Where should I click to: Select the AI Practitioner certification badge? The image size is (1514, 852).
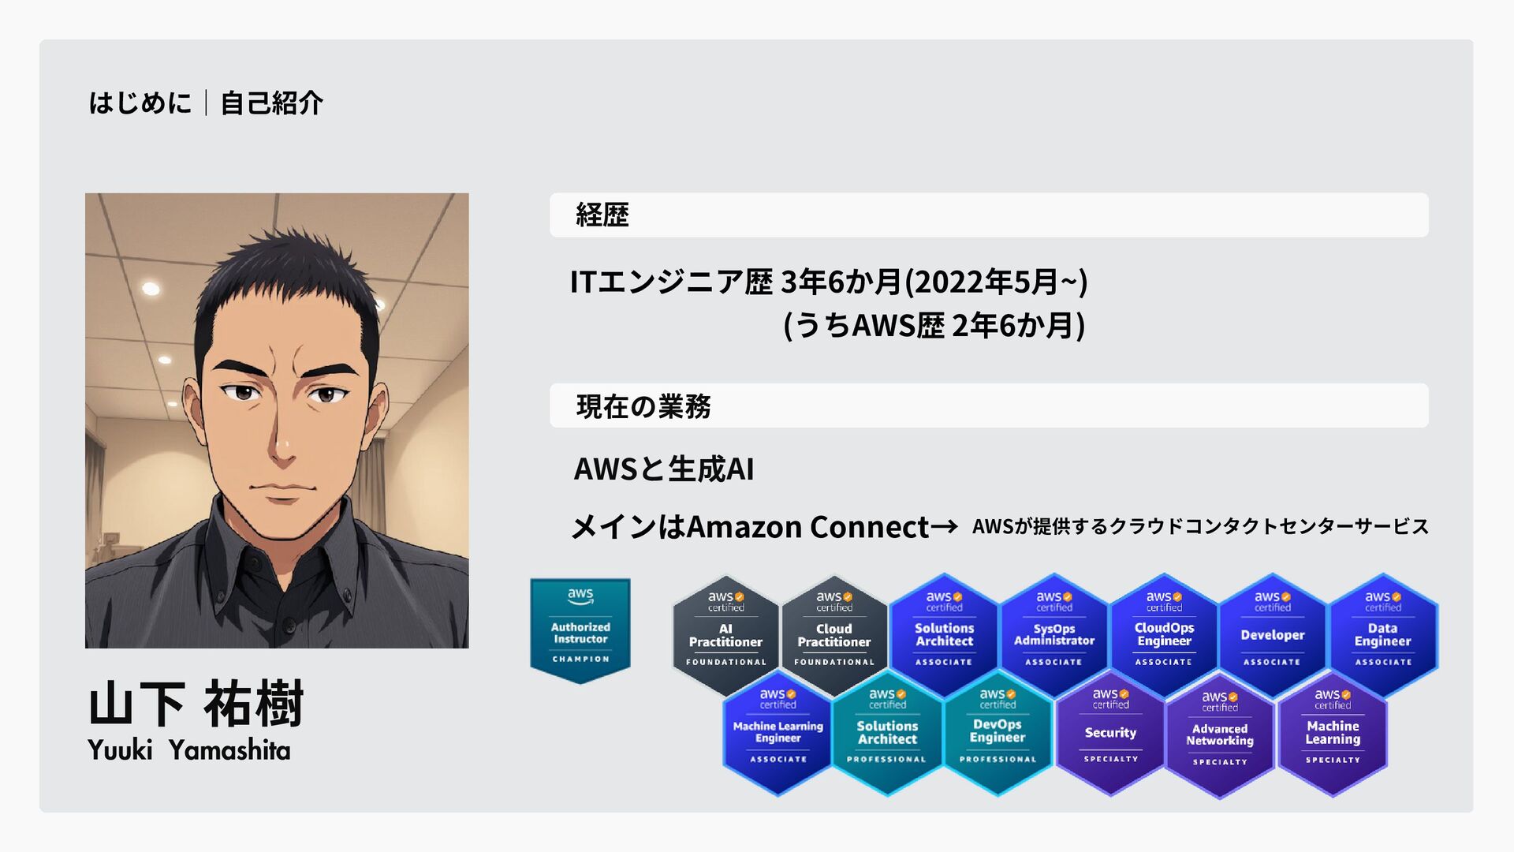click(725, 634)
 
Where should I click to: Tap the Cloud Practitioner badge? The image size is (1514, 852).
click(834, 634)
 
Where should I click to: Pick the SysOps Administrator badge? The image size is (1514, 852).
click(1054, 634)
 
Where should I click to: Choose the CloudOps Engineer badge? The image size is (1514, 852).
click(1164, 634)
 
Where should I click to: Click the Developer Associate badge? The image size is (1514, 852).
click(1273, 634)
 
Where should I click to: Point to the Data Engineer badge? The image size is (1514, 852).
click(1383, 634)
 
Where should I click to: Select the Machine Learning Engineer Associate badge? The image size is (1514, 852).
click(778, 732)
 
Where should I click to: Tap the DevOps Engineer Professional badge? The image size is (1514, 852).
click(998, 732)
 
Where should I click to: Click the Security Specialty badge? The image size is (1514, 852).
click(1110, 733)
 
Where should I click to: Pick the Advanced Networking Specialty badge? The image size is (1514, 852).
click(1220, 735)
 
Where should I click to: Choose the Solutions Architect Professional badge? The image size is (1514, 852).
click(887, 732)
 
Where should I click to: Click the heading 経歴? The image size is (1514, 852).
click(602, 215)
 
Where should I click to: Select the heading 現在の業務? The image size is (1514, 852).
click(643, 406)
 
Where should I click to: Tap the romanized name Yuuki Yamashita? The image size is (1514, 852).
click(189, 750)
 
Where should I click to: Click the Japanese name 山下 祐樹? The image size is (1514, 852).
click(196, 704)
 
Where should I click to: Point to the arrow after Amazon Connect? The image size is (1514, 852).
click(944, 526)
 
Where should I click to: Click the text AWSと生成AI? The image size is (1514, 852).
click(664, 469)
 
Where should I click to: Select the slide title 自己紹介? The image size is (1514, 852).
click(271, 103)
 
